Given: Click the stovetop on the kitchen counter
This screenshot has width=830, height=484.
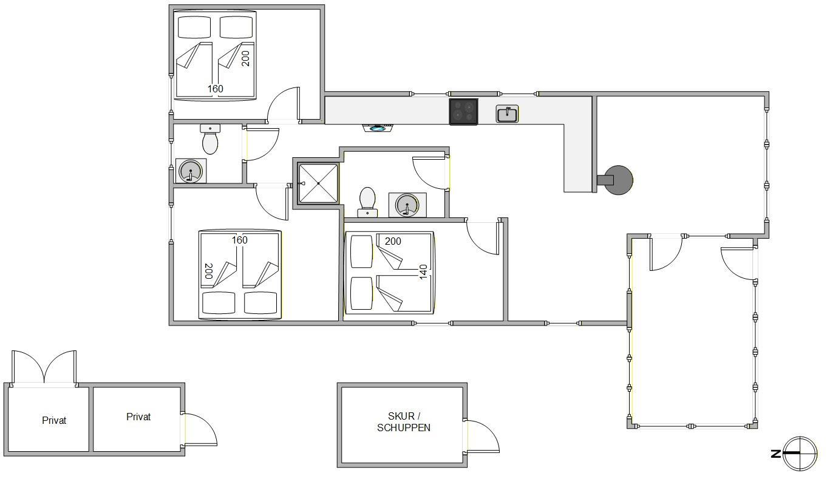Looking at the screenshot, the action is pyautogui.click(x=463, y=112).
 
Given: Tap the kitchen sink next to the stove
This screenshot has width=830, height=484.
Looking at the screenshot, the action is pyautogui.click(x=507, y=114).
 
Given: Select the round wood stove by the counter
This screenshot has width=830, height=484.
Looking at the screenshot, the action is pyautogui.click(x=616, y=180).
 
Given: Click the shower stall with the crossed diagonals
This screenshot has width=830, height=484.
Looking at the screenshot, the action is pyautogui.click(x=318, y=183).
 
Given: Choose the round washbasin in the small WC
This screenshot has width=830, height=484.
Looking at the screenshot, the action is pyautogui.click(x=191, y=171).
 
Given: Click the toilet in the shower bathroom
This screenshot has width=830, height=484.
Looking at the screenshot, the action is pyautogui.click(x=367, y=202).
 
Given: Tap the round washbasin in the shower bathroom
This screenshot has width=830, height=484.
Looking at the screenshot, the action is pyautogui.click(x=407, y=205).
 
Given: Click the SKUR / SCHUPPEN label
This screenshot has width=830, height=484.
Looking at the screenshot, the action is pyautogui.click(x=404, y=421).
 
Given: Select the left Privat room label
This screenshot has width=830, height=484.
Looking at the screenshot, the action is pyautogui.click(x=54, y=420).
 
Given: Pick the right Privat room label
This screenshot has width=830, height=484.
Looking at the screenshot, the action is pyautogui.click(x=138, y=417).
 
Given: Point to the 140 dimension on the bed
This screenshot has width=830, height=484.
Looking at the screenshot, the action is pyautogui.click(x=423, y=272).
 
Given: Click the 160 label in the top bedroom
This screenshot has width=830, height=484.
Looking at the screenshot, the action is pyautogui.click(x=216, y=89).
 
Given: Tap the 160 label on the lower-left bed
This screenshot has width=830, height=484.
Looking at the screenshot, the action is pyautogui.click(x=239, y=240).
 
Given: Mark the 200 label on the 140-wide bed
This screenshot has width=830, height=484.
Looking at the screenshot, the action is pyautogui.click(x=393, y=241).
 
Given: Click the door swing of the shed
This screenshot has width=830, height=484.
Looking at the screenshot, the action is pyautogui.click(x=481, y=436).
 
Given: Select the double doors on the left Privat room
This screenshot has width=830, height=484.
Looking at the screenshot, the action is pyautogui.click(x=44, y=367).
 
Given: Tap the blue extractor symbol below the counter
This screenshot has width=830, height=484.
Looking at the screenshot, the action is pyautogui.click(x=378, y=129).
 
